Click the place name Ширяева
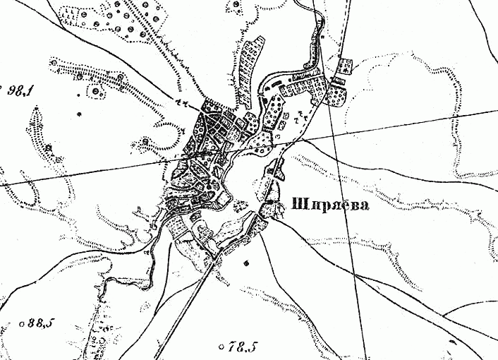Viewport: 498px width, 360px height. point(329,208)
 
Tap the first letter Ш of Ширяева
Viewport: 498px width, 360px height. point(296,208)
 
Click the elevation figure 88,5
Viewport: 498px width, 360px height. point(41,324)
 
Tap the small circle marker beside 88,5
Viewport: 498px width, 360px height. point(23,324)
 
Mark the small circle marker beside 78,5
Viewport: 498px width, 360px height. point(222,347)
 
